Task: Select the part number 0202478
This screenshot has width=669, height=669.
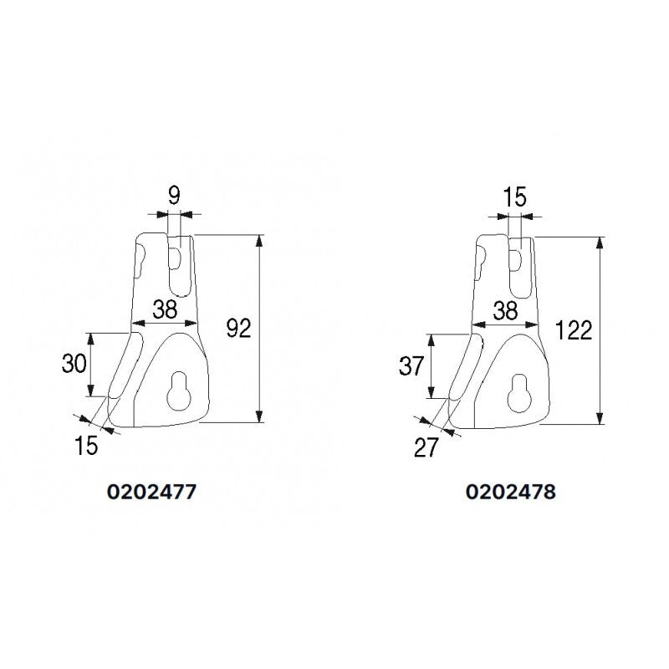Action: [510, 493]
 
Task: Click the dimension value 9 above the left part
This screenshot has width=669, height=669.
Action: [174, 197]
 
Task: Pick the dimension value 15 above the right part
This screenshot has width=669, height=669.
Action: [514, 198]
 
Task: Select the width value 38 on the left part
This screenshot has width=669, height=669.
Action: [165, 309]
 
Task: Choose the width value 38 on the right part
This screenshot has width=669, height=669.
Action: [505, 311]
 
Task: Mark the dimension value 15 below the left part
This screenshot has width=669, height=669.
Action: [84, 445]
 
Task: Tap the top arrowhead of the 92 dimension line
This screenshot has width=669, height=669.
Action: [260, 242]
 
